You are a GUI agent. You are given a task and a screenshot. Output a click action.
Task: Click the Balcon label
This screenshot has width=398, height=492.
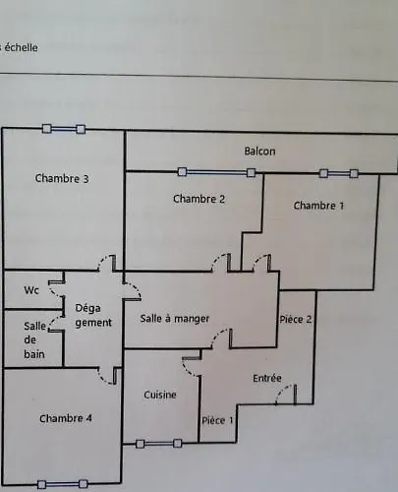pos(259,152)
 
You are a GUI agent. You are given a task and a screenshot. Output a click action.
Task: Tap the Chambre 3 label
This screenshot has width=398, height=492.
pos(62,178)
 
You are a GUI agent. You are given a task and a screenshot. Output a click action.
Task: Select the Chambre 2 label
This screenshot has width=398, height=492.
pos(199,199)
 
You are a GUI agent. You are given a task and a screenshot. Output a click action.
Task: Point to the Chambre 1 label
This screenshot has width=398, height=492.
pos(318,206)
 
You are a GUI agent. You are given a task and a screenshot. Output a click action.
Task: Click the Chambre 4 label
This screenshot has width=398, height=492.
pos(66,418)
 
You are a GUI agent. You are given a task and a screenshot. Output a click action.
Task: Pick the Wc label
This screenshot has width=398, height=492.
pos(31,290)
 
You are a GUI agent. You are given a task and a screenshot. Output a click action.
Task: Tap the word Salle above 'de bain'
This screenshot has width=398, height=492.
pos(34,326)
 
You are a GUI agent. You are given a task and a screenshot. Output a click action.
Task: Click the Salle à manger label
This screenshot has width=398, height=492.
pos(175,319)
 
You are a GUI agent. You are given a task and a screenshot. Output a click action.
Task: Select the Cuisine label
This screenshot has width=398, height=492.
pos(160,395)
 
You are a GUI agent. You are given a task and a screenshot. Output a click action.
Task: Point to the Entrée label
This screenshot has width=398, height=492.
pos(267,378)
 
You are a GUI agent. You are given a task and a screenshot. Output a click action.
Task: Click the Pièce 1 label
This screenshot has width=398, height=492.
pos(217,420)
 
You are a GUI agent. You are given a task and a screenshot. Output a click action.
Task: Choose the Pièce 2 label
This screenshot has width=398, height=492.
pos(295,319)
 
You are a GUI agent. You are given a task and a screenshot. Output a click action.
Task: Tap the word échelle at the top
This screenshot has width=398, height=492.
pos(21,47)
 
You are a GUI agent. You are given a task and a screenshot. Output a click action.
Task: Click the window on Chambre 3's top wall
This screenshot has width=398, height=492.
pos(64,129)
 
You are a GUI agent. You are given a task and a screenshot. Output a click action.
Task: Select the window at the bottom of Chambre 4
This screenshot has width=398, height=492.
pos(62,484)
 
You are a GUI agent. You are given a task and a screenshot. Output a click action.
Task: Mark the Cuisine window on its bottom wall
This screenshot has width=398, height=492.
pos(158,444)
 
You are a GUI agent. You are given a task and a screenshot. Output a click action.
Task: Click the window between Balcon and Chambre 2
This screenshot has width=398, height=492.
pos(216,172)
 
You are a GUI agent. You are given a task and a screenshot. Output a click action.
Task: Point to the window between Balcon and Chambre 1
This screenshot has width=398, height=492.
pos(339,173)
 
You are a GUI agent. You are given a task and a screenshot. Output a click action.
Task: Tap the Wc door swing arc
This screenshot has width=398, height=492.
pos(55,290)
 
